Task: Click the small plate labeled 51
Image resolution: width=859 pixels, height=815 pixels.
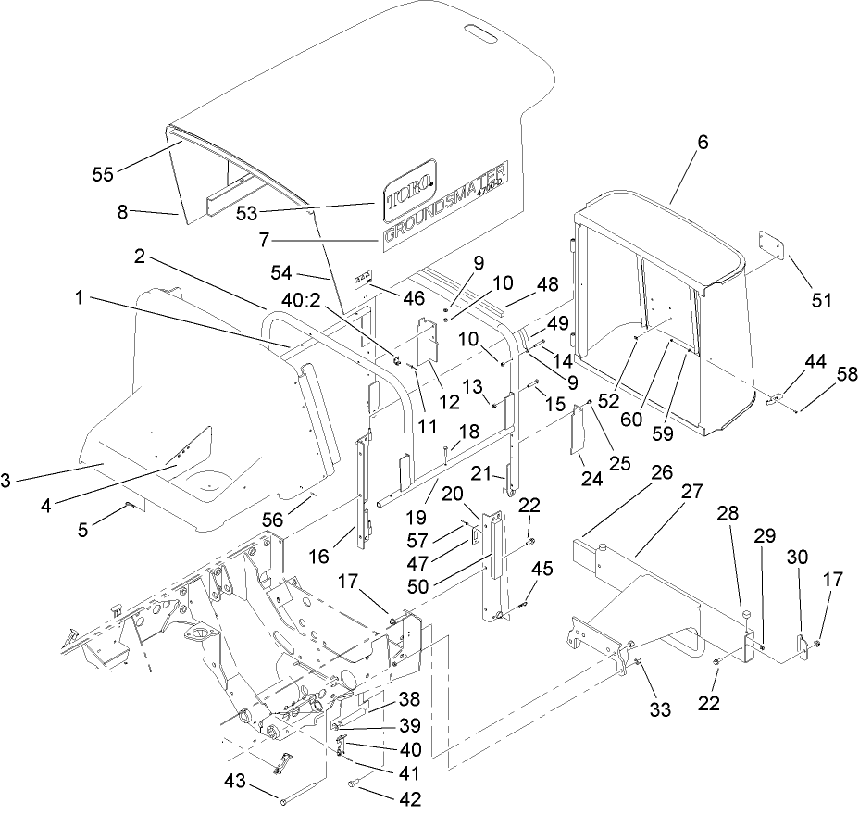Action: pos(773,248)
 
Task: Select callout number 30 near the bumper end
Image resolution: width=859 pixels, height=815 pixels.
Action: pos(798,558)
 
